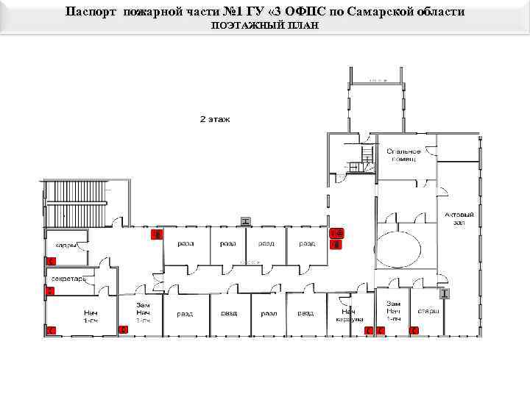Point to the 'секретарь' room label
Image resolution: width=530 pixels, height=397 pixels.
click(x=68, y=279)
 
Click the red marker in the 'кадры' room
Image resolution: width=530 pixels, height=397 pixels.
click(x=51, y=261)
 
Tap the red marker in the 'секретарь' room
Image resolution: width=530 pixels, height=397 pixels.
click(x=50, y=292)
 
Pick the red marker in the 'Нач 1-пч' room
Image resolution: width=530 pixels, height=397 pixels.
click(x=51, y=331)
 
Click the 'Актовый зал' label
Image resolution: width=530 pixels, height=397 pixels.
click(x=459, y=218)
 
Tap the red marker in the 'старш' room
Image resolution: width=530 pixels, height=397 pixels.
click(x=414, y=331)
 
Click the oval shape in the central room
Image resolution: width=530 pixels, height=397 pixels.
click(x=398, y=251)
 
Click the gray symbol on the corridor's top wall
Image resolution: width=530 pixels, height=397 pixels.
click(x=246, y=221)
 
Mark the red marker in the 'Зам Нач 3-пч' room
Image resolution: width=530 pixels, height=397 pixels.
click(x=123, y=330)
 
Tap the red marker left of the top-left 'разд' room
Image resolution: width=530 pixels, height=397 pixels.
click(x=156, y=235)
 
